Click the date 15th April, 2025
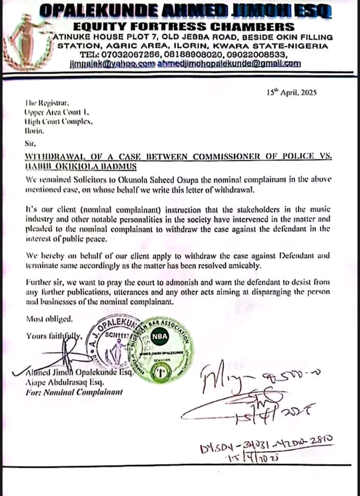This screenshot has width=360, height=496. (x=292, y=93)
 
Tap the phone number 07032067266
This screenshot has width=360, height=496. (x=110, y=55)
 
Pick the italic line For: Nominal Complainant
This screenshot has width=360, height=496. (x=67, y=392)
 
